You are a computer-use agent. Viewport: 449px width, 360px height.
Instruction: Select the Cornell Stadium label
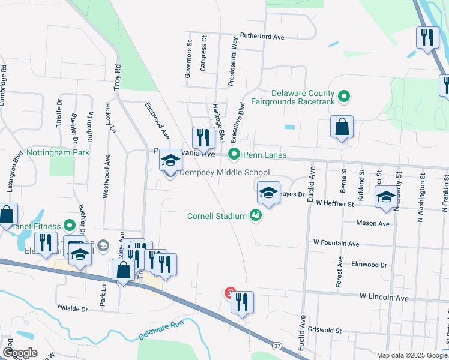(217, 216)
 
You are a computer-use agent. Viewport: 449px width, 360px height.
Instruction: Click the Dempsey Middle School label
(224, 173)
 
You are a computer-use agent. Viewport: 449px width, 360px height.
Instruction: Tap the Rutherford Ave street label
(262, 37)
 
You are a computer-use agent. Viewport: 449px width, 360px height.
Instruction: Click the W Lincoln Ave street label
(384, 298)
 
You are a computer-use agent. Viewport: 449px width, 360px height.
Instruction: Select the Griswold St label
(325, 330)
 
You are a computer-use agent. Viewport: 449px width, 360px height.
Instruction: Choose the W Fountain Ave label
(336, 244)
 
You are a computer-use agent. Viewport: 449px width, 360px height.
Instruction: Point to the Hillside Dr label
(73, 309)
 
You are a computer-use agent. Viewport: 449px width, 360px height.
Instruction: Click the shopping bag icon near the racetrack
(342, 127)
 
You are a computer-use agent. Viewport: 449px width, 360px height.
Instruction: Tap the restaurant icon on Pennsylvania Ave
(203, 138)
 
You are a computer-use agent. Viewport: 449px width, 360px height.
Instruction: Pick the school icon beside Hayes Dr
(268, 193)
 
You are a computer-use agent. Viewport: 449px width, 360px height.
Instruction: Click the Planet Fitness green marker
(70, 226)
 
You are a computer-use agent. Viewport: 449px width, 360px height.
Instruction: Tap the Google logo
(20, 353)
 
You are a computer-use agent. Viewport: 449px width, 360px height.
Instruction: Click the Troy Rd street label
(118, 77)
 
